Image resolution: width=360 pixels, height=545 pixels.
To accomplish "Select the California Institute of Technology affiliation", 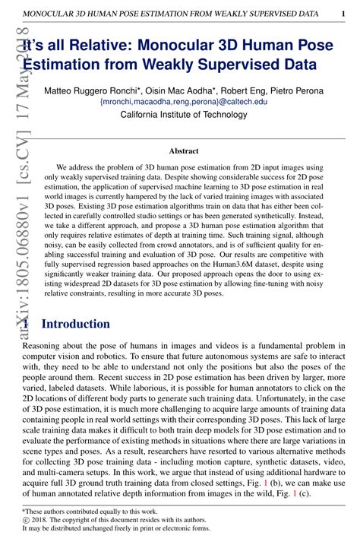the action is (x=184, y=115).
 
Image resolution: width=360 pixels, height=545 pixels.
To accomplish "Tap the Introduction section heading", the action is (x=75, y=325).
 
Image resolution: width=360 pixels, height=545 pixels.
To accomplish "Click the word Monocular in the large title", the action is (x=177, y=48).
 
